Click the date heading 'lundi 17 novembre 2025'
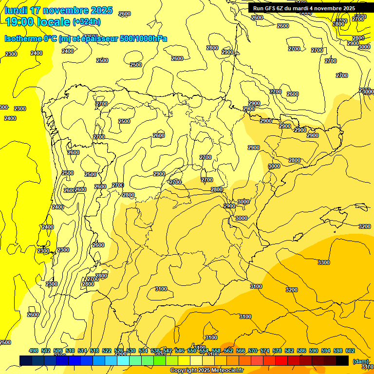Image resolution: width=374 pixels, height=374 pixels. [59, 10]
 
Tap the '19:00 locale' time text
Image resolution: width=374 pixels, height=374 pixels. [37, 21]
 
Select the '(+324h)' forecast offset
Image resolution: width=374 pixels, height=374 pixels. [87, 22]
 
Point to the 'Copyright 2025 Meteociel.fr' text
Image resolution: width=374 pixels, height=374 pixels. [207, 371]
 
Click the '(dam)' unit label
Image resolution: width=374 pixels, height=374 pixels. [360, 361]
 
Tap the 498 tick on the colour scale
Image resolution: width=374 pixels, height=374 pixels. [34, 351]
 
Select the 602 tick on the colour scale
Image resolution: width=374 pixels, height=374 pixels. [350, 351]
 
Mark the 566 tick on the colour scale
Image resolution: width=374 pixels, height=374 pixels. [241, 351]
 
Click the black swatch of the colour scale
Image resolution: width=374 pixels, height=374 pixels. [342, 360]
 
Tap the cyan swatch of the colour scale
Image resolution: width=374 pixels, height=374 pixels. [123, 360]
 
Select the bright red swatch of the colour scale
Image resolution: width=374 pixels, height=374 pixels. [281, 360]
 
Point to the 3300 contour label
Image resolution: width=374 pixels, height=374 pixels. [324, 262]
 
